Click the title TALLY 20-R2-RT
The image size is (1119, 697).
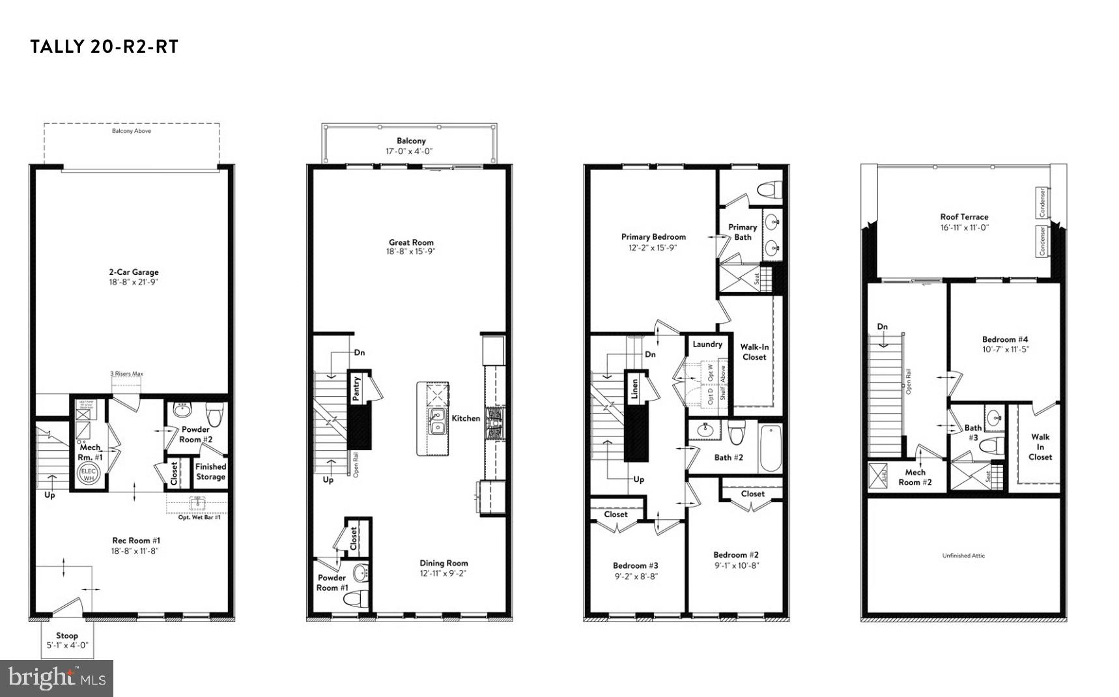click(x=104, y=47)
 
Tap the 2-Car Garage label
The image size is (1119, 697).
click(x=134, y=272)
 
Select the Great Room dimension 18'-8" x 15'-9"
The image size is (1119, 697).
click(x=411, y=251)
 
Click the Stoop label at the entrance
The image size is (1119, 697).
click(x=67, y=636)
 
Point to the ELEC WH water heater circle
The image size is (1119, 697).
click(x=89, y=474)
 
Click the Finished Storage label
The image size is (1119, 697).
click(x=210, y=472)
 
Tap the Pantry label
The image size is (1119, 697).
click(x=356, y=388)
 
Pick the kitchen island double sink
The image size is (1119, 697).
click(x=436, y=421)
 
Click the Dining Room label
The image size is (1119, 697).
click(x=444, y=563)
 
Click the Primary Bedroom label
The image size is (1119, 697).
click(x=653, y=237)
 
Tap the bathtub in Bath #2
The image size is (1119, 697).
click(x=770, y=448)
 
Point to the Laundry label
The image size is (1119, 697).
click(x=707, y=344)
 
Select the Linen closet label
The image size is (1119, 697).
click(x=634, y=389)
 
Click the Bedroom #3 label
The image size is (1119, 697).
click(x=636, y=565)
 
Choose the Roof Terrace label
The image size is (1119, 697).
click(x=964, y=217)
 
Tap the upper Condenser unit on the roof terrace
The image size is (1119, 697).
click(x=1042, y=203)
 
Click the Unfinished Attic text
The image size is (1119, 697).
click(x=963, y=556)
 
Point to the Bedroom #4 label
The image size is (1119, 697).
click(x=1005, y=339)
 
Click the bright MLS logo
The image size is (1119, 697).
click(x=57, y=678)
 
